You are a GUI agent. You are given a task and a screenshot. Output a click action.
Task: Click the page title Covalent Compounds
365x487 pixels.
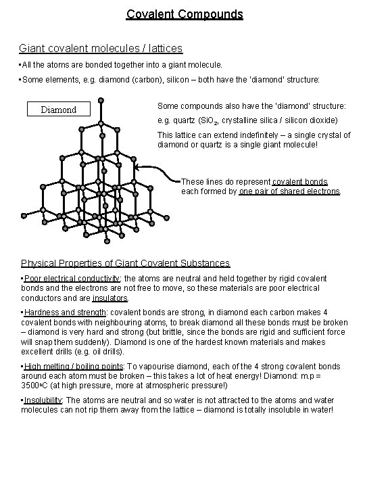[184, 14]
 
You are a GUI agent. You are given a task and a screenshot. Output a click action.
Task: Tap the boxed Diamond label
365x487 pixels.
[59, 110]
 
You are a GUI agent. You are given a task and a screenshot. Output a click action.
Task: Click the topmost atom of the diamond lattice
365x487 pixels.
[101, 101]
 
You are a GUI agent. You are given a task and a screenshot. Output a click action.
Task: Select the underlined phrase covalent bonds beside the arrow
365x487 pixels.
[299, 182]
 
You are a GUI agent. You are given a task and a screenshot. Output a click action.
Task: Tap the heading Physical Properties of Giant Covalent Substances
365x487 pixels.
[125, 263]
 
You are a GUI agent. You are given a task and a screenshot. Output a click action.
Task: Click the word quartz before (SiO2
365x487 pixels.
[180, 120]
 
